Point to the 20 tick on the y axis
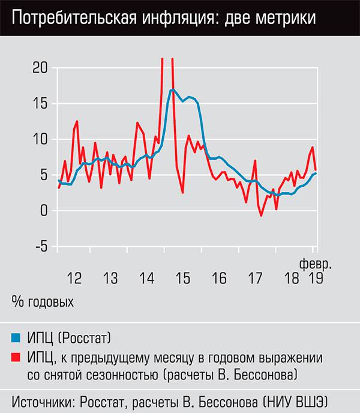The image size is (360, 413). [39, 68]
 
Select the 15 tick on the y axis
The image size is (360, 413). [39, 103]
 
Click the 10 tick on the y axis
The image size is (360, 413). [39, 139]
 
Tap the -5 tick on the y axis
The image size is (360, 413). [39, 247]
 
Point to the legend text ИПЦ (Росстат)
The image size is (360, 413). [69, 336]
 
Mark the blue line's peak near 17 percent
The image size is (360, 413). [172, 90]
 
